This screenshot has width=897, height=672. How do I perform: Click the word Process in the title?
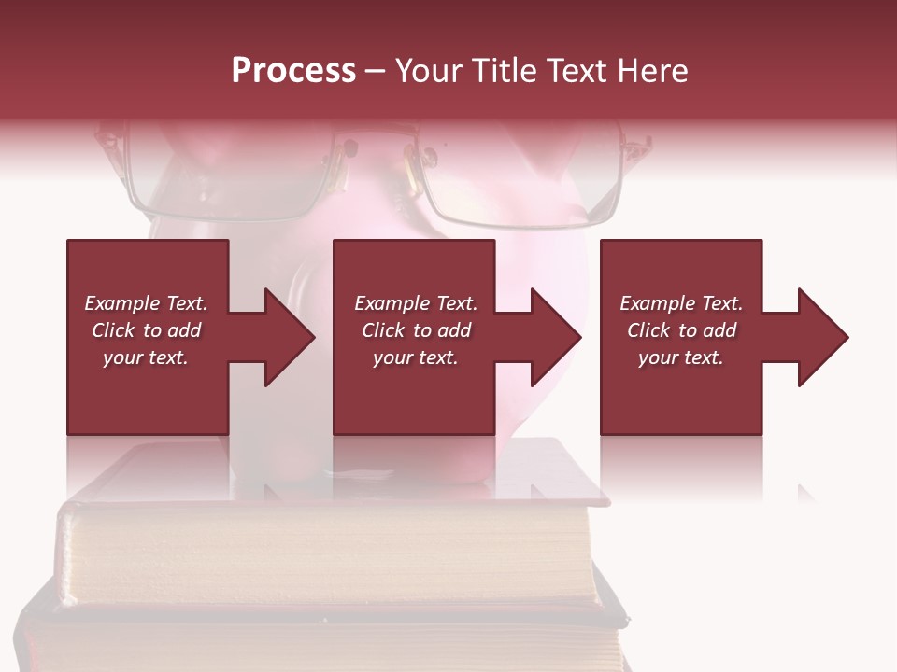(293, 71)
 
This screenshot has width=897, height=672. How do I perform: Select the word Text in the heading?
(576, 71)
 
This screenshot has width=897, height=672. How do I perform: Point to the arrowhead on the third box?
(821, 337)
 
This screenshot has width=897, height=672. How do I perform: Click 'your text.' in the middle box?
(415, 357)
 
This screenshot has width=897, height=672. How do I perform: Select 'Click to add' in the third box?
(681, 330)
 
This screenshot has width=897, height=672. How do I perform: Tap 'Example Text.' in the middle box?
(415, 303)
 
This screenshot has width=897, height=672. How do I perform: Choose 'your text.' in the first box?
(145, 357)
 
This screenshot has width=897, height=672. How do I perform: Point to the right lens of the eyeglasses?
(519, 182)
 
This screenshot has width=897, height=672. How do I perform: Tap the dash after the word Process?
(376, 72)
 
